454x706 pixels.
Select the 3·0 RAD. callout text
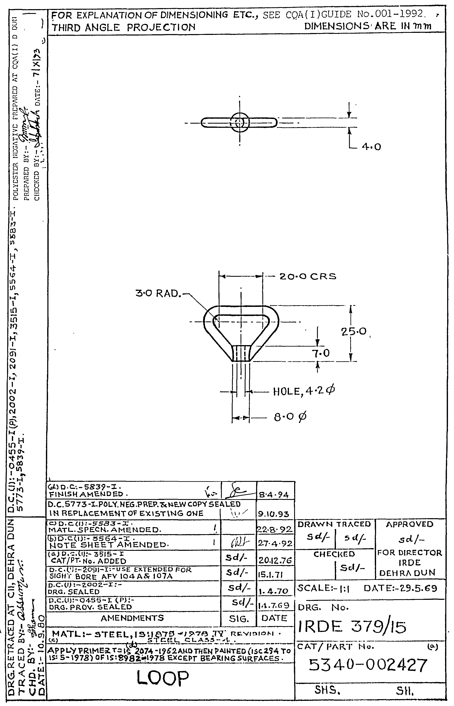(x=158, y=294)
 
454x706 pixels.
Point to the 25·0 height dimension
(x=354, y=332)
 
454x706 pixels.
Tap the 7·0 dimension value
(x=321, y=353)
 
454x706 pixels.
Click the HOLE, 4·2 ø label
(x=304, y=391)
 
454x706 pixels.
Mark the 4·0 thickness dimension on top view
(x=371, y=147)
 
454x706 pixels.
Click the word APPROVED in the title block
(x=410, y=524)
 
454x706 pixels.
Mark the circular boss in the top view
(x=239, y=122)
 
